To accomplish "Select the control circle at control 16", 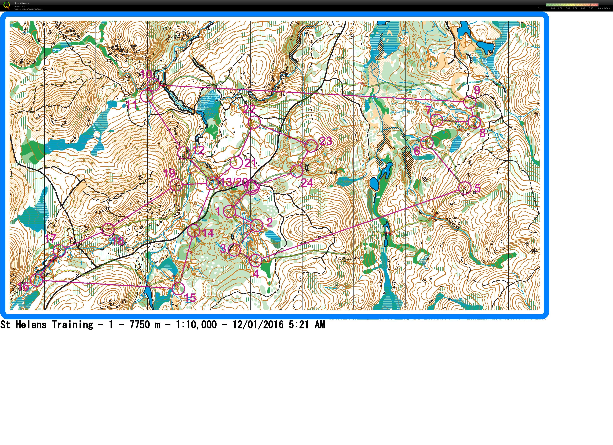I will tap(37, 280).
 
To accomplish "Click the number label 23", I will tap(326, 141).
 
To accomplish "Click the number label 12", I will tap(199, 150).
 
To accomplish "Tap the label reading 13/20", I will tap(234, 182).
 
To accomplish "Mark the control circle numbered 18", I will tap(108, 229).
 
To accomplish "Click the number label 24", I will tap(307, 183).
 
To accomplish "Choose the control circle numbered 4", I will tap(255, 260).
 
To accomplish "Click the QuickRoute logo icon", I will tap(6, 5).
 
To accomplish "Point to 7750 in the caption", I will tap(140, 325).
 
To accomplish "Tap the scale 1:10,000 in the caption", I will tap(196, 325).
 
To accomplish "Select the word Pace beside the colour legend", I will tap(540, 8).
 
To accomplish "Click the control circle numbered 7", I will tap(436, 120).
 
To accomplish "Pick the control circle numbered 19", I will tap(176, 185).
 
